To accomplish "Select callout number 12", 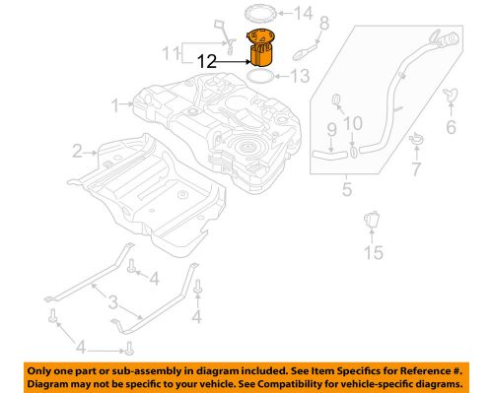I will tap(208, 60).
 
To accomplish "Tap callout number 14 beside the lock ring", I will tap(301, 14).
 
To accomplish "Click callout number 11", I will tap(173, 51).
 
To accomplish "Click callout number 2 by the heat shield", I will tap(77, 151).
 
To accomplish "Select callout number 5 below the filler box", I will tap(346, 187).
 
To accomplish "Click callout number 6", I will tap(452, 128).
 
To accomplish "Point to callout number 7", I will tap(415, 170).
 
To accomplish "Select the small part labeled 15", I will tap(373, 223).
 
